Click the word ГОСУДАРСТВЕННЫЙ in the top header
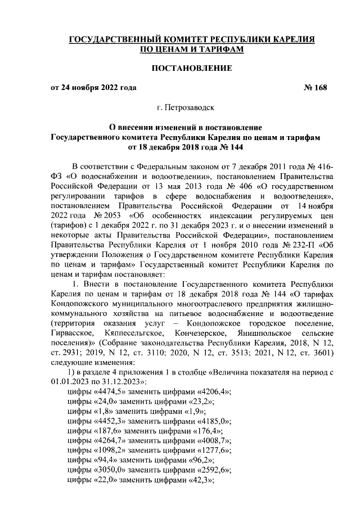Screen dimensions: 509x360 [113, 40]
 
